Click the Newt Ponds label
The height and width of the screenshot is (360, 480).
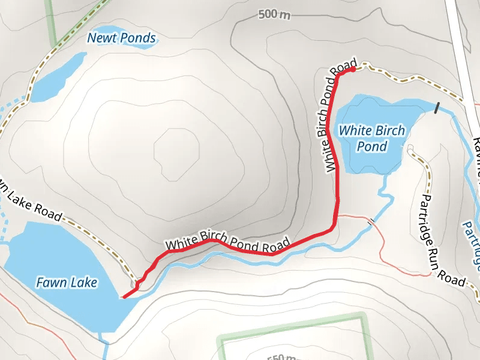click(122, 38)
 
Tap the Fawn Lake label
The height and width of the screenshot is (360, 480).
click(66, 282)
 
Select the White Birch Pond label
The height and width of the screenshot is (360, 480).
click(372, 138)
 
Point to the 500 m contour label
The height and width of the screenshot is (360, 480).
click(274, 14)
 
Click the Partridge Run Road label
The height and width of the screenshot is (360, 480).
click(443, 240)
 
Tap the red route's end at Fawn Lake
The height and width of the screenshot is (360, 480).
click(124, 296)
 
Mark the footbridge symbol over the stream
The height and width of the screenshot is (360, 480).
click(372, 222)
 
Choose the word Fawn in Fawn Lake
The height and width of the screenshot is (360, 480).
click(50, 282)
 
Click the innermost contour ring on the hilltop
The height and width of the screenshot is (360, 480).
click(176, 149)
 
